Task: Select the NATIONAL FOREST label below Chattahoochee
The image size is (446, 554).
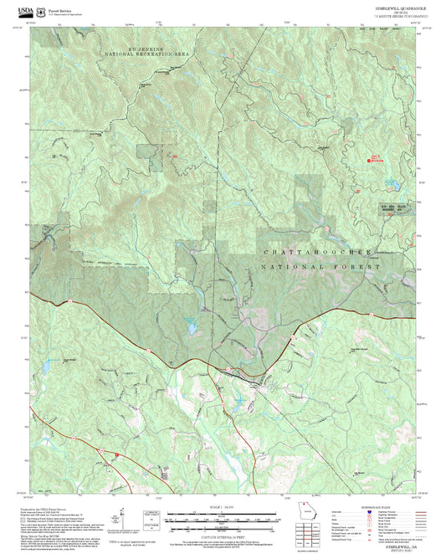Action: (x=322, y=267)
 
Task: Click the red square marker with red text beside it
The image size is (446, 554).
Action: (x=375, y=160)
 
